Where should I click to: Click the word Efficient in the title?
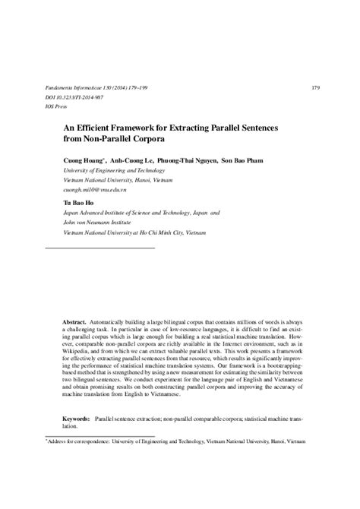(x=99, y=128)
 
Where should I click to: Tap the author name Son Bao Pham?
(x=245, y=160)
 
